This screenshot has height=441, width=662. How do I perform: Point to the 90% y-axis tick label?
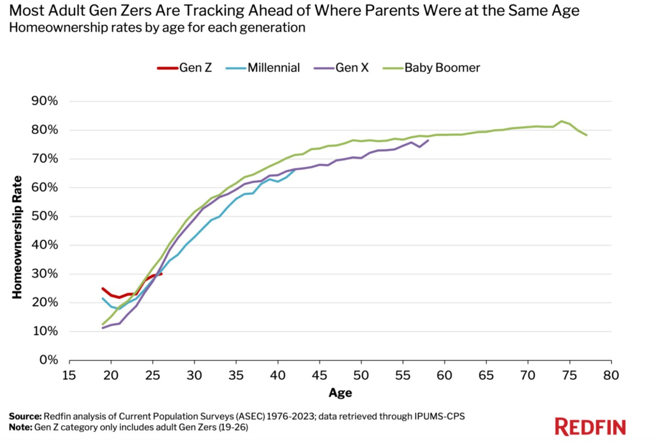(x=45, y=101)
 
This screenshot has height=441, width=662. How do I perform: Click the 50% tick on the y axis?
(x=45, y=216)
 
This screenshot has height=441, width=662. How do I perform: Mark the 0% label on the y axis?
(x=48, y=360)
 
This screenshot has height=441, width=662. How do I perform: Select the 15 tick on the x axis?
(x=69, y=375)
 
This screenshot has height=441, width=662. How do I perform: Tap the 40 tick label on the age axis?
(x=278, y=375)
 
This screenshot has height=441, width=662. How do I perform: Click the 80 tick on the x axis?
(x=611, y=375)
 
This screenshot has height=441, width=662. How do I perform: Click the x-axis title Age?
(x=340, y=393)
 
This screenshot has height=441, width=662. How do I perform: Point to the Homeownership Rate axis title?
(x=17, y=237)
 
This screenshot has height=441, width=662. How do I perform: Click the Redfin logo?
(x=590, y=427)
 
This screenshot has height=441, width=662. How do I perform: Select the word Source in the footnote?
(x=25, y=416)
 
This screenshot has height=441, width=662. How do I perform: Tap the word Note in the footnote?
(x=20, y=427)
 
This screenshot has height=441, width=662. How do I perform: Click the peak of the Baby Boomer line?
(x=561, y=121)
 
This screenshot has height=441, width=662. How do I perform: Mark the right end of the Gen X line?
(x=428, y=140)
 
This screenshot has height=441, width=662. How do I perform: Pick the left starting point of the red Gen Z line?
(x=103, y=288)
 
